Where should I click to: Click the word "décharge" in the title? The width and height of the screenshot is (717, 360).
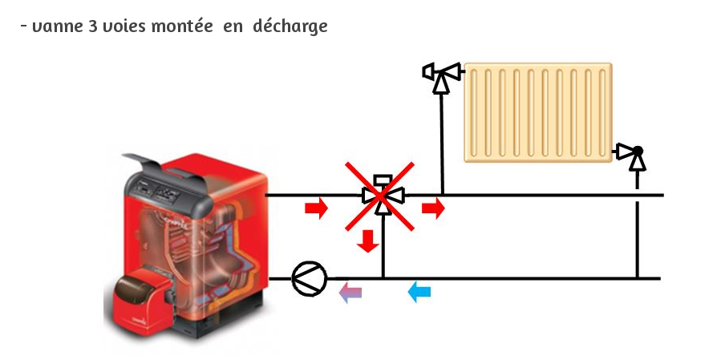[290, 26]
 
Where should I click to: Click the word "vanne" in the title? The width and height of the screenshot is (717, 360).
[53, 26]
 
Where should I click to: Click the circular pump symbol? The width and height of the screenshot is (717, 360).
[309, 278]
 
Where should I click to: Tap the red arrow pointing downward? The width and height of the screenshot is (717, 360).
[368, 240]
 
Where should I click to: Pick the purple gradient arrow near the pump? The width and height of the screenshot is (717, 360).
[350, 292]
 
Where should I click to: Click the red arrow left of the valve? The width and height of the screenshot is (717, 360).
[317, 209]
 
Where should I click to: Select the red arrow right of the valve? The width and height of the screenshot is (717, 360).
[433, 209]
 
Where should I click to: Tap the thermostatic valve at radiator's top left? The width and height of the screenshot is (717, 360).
[440, 75]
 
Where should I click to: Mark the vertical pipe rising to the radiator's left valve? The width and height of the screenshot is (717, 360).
[441, 144]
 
